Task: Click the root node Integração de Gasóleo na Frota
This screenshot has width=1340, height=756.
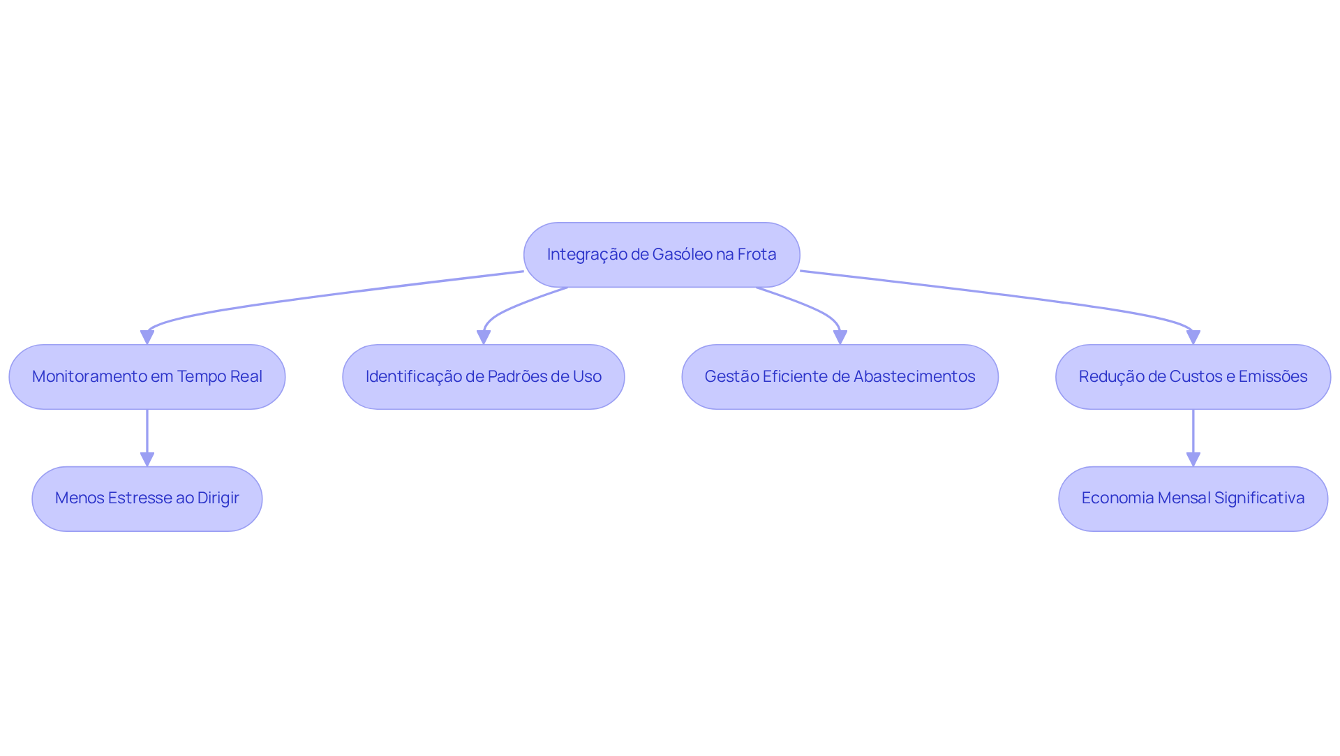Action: click(x=662, y=255)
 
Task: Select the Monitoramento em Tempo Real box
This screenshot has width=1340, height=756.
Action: click(x=147, y=377)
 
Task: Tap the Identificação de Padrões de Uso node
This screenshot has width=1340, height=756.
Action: click(x=484, y=377)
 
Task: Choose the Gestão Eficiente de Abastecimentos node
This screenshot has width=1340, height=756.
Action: click(x=840, y=377)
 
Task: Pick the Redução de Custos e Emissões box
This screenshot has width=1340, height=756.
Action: click(x=1193, y=377)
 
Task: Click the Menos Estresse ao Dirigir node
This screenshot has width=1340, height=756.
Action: click(x=147, y=499)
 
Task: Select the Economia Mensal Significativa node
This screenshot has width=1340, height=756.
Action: click(x=1193, y=499)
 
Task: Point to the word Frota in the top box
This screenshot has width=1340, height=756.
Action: click(x=757, y=255)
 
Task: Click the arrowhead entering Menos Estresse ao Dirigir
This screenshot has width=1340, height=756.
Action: click(x=147, y=459)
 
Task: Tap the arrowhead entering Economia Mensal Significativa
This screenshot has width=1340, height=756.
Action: click(x=1193, y=459)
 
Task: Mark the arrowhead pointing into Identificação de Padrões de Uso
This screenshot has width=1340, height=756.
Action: click(x=484, y=337)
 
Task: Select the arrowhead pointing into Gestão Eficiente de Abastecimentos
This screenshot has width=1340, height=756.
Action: click(x=840, y=337)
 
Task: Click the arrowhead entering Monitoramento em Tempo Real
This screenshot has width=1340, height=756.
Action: click(x=147, y=337)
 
